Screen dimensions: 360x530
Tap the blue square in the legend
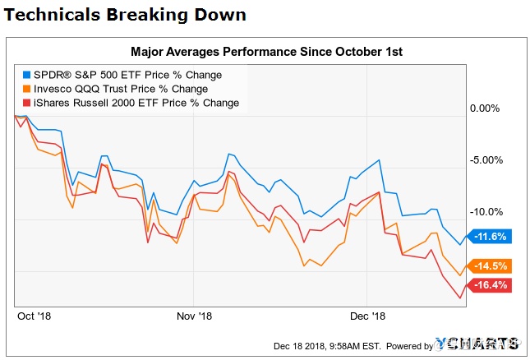pyautogui.click(x=27, y=75)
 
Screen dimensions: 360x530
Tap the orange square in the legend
pyautogui.click(x=27, y=89)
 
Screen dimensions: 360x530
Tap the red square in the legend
pyautogui.click(x=27, y=103)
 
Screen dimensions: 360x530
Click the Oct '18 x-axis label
pyautogui.click(x=35, y=316)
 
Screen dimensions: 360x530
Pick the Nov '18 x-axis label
pyautogui.click(x=196, y=316)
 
